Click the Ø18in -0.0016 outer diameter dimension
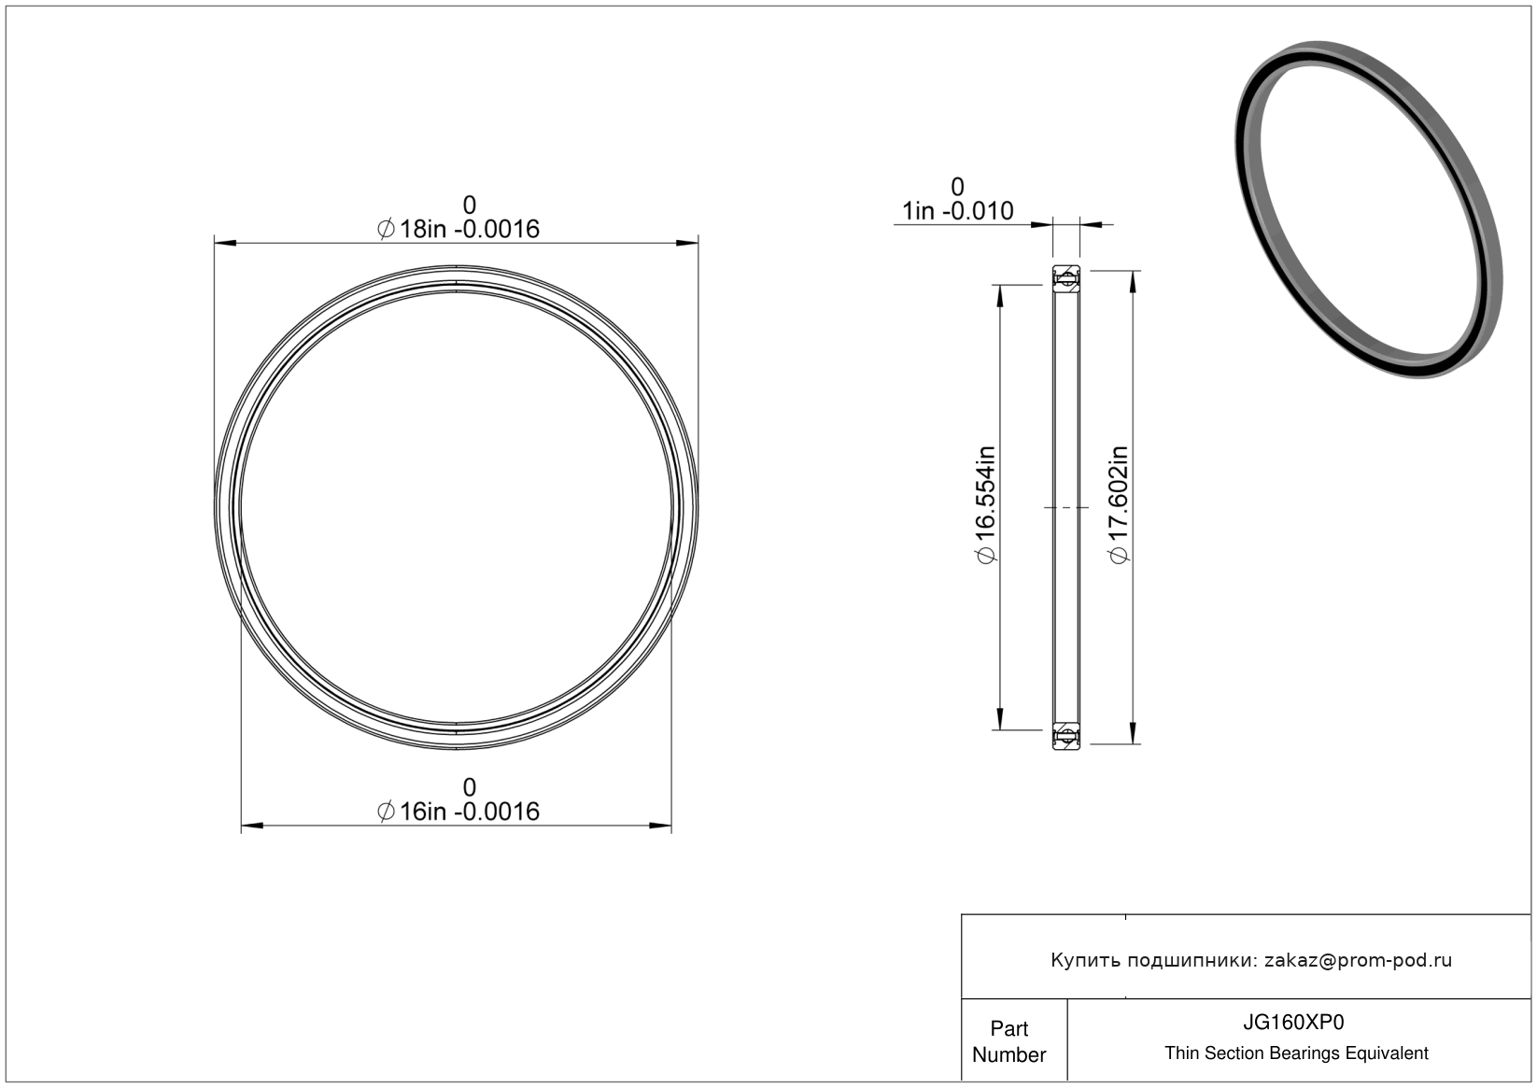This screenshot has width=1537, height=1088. click(x=458, y=229)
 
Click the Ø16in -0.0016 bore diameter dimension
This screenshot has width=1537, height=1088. click(x=458, y=812)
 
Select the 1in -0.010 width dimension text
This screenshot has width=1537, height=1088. click(x=958, y=211)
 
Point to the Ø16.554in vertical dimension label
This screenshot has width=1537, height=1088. click(x=986, y=504)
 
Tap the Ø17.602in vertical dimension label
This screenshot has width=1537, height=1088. click(x=1119, y=504)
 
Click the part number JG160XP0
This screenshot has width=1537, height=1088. click(x=1293, y=1023)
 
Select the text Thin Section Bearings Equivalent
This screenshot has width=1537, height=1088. click(x=1296, y=1053)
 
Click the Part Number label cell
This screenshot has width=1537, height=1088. click(x=1008, y=1041)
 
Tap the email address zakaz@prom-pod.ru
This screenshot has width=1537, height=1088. click(x=1358, y=960)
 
